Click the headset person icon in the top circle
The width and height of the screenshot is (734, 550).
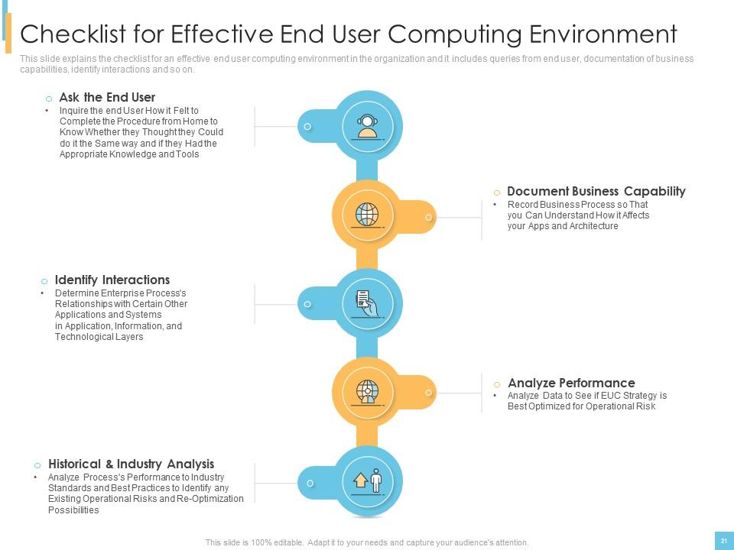click(x=368, y=127)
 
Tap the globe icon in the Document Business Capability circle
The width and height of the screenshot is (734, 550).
click(x=368, y=215)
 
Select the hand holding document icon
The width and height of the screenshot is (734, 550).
click(x=368, y=303)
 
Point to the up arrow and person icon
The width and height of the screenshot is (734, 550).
click(x=368, y=480)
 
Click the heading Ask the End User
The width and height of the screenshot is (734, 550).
click(x=107, y=97)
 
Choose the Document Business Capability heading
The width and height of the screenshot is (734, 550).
click(x=596, y=191)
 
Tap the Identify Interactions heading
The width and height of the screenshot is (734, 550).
click(x=112, y=280)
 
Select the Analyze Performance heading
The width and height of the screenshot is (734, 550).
click(x=571, y=383)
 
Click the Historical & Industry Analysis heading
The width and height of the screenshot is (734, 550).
click(x=131, y=464)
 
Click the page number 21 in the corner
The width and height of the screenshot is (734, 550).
click(x=724, y=541)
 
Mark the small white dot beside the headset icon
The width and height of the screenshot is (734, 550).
click(x=307, y=127)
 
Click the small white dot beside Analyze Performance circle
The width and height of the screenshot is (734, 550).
click(x=428, y=393)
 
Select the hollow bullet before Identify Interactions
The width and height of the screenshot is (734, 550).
click(x=44, y=281)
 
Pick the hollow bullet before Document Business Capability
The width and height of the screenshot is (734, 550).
click(x=497, y=192)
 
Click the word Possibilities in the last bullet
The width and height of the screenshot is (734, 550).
click(x=73, y=510)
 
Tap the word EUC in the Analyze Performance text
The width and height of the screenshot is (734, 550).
click(x=611, y=396)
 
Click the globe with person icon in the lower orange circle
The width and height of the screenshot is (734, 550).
click(x=368, y=392)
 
